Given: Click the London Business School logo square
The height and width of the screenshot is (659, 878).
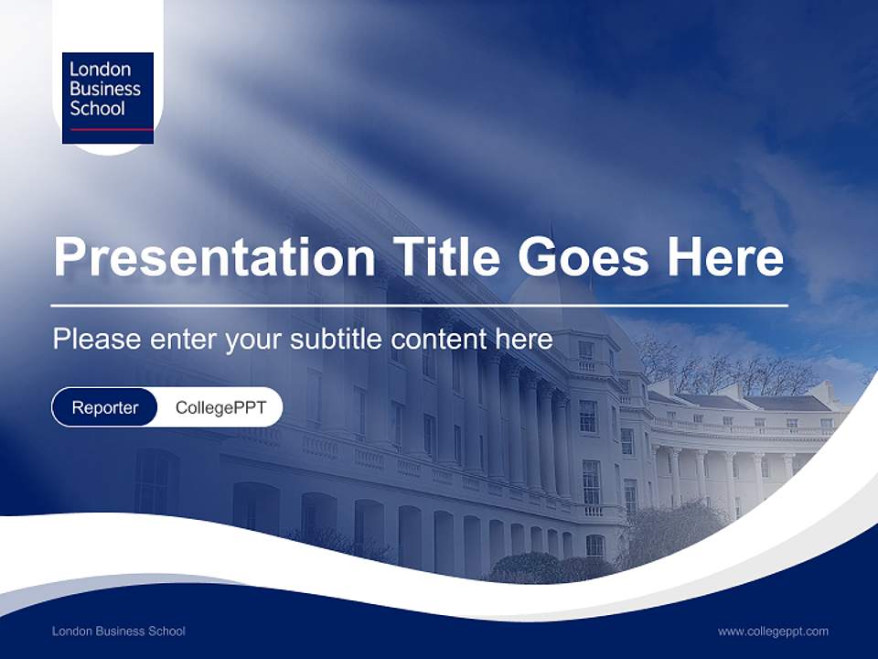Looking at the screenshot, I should [108, 98].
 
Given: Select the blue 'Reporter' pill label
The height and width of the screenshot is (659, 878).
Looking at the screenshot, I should [105, 407].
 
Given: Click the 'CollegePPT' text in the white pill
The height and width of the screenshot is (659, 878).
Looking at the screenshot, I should [220, 407].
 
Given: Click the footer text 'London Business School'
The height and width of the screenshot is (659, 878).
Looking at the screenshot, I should [119, 631].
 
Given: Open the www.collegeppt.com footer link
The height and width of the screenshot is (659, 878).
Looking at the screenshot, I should [773, 631].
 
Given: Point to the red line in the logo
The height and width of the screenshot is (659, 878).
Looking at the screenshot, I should [108, 130].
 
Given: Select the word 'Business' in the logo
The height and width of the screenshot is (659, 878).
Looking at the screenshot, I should [105, 89].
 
